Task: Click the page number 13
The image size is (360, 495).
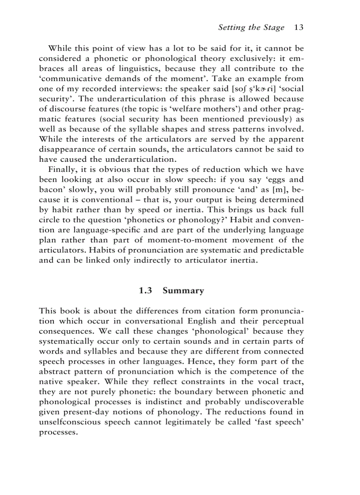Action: click(299, 28)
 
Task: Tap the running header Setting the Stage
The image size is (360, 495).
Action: click(251, 28)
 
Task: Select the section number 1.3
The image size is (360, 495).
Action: click(146, 290)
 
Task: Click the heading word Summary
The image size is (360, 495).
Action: click(183, 290)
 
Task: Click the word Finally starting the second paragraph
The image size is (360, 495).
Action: click(62, 170)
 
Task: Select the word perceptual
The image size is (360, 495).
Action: click(281, 320)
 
